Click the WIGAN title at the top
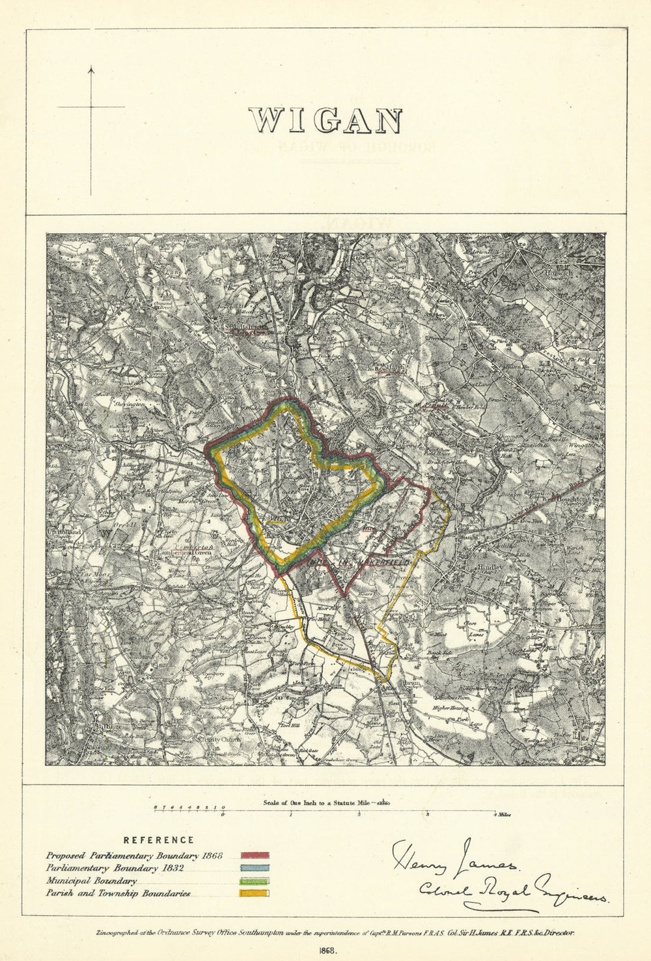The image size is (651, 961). pyautogui.click(x=325, y=121)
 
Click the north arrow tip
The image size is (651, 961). pyautogui.click(x=91, y=67)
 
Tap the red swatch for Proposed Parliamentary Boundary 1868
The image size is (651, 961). pyautogui.click(x=255, y=856)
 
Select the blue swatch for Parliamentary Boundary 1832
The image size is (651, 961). pyautogui.click(x=255, y=868)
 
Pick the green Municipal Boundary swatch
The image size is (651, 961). pyautogui.click(x=255, y=881)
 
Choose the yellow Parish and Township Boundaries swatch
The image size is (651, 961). pyautogui.click(x=255, y=893)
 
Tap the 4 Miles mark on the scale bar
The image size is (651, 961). pyautogui.click(x=502, y=815)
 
